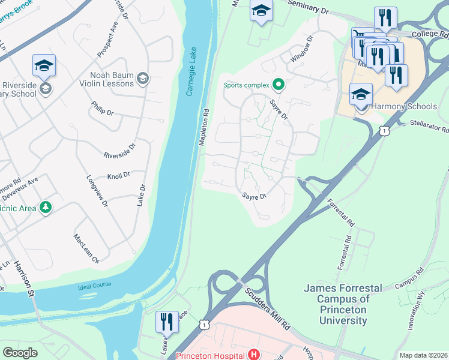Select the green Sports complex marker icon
(278, 85)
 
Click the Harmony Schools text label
(405, 107)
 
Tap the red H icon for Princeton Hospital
(254, 355)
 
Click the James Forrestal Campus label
(343, 304)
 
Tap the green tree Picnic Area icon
(46, 208)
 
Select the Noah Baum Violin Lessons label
(112, 79)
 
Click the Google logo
(20, 353)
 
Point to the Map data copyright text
(423, 355)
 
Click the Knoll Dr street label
(118, 175)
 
